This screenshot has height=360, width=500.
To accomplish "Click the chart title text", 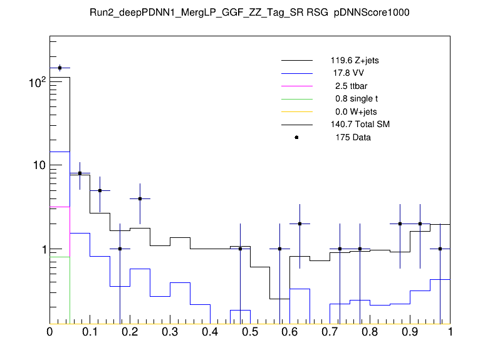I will coord(250,13).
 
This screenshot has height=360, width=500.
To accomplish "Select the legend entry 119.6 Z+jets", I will coord(355,61).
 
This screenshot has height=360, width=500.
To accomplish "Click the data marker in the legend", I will coord(296,137).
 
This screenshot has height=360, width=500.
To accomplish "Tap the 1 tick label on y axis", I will coord(40,249).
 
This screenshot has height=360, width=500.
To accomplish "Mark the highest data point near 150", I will coord(60,68).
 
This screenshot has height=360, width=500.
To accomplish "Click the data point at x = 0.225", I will coord(140,198).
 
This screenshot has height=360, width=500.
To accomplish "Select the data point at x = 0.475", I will coord(240,249).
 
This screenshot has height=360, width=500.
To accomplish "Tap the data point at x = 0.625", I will coord(300,224).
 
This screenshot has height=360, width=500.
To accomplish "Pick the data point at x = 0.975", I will coord(440,249).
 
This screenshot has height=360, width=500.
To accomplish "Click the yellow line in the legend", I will coord(296,111).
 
